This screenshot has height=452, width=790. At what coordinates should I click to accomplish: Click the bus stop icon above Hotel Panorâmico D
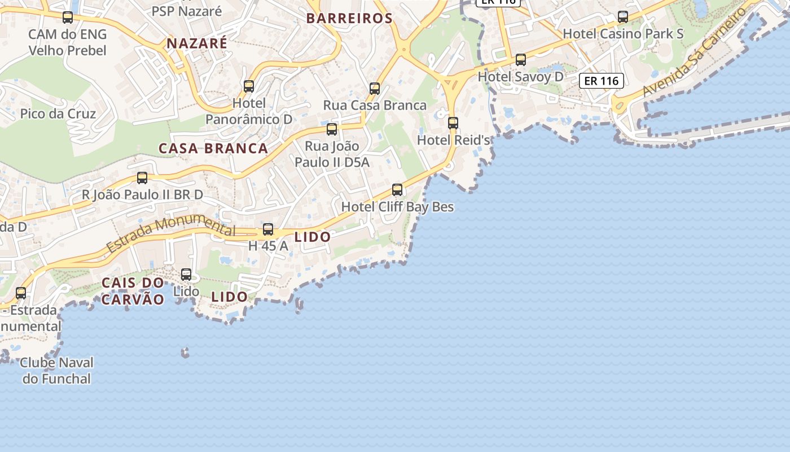tap(249, 86)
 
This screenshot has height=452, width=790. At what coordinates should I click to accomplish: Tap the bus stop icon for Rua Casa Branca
tap(375, 89)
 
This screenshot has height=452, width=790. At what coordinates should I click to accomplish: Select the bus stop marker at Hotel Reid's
tap(453, 123)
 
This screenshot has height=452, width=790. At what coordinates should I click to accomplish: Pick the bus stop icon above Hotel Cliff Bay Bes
tap(397, 190)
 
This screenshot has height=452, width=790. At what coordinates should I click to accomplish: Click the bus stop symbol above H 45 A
tap(268, 229)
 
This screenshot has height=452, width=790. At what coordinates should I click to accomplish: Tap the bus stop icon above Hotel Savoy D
tap(521, 60)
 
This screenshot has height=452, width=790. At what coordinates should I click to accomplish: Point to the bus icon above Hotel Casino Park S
tap(623, 17)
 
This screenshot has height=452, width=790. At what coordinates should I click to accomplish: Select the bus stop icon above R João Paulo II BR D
tap(142, 178)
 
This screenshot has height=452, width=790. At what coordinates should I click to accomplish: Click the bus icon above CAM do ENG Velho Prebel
tap(68, 18)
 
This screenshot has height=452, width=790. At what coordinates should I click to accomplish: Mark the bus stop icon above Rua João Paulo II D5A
tap(332, 129)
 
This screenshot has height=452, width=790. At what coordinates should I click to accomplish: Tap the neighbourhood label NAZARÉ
tap(197, 43)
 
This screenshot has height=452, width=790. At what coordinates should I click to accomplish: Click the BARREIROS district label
tap(349, 18)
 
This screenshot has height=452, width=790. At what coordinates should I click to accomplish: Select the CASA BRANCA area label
tap(213, 149)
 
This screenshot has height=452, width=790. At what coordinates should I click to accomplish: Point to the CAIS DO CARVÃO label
tap(133, 291)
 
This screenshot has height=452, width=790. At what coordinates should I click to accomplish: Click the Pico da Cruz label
tap(58, 114)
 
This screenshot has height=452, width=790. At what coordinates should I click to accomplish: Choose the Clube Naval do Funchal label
tap(56, 371)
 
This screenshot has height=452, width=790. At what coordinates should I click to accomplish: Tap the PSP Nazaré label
tap(187, 11)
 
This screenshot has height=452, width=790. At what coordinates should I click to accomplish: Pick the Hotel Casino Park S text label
tap(623, 34)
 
